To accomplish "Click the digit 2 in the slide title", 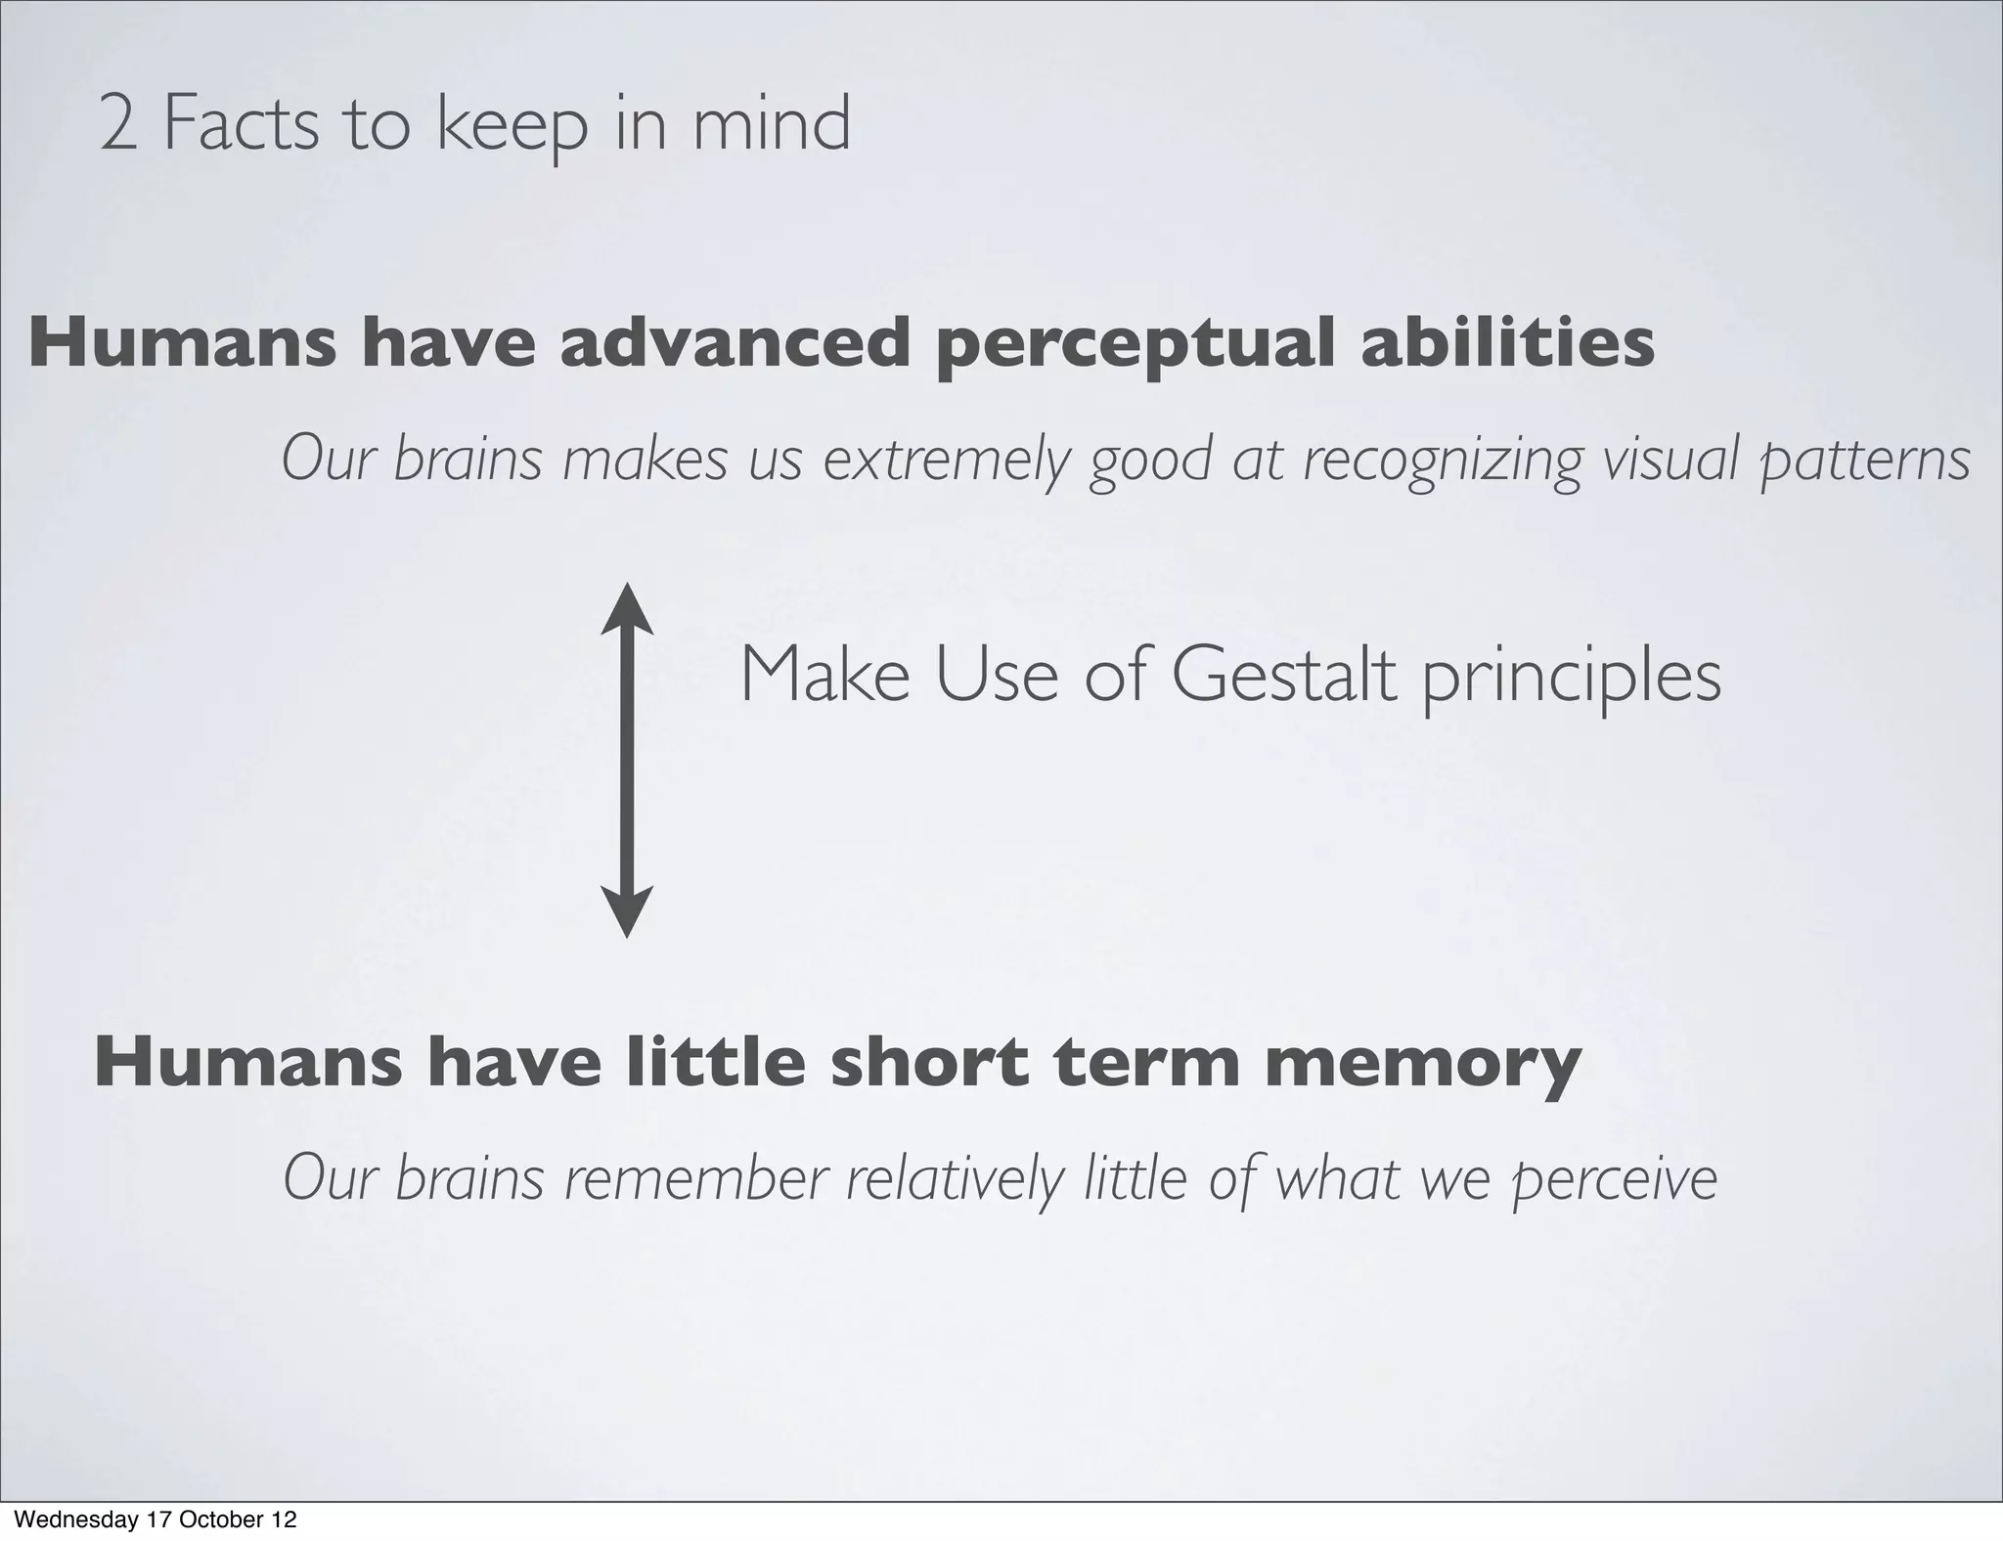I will tap(118, 125).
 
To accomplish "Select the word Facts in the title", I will tap(241, 125).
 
